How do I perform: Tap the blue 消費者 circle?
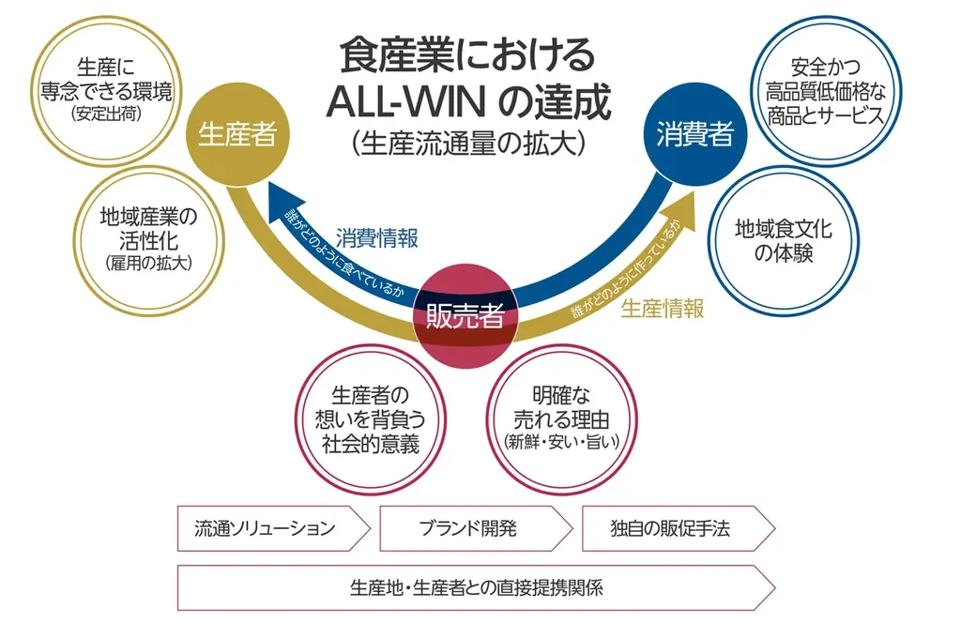point(694,133)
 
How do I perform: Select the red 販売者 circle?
point(465,316)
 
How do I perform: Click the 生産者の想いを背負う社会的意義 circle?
point(369,418)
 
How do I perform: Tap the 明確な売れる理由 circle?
point(561,418)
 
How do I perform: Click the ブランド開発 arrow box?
point(472,528)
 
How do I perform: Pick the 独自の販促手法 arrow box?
point(674,528)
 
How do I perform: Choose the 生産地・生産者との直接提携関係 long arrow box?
point(475,588)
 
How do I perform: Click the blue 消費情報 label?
point(377,237)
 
